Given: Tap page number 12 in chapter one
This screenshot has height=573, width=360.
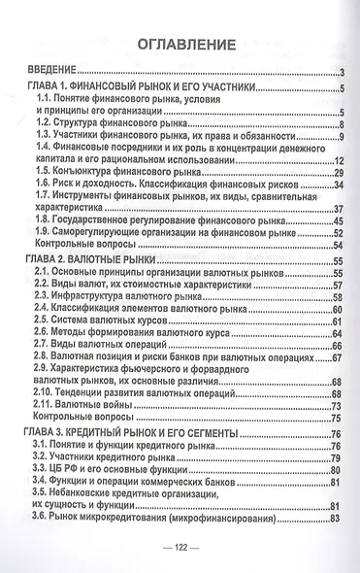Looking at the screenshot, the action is pos(341,158).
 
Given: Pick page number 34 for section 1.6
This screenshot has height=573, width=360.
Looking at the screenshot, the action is pos(340,184).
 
